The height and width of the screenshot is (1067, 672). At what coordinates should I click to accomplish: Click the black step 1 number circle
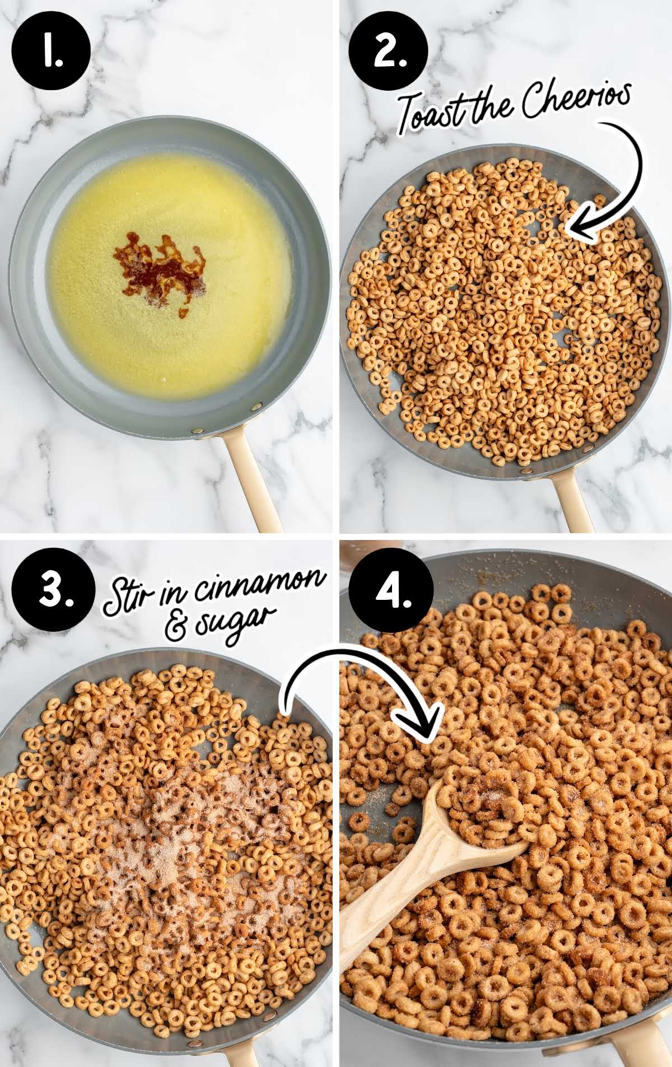(50, 50)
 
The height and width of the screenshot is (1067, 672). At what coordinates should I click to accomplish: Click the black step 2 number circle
(388, 50)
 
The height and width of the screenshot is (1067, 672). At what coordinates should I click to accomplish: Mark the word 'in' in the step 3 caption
(173, 596)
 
